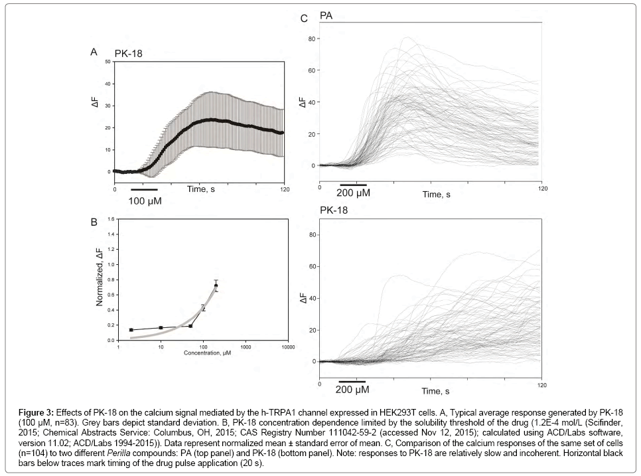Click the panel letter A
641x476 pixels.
pyautogui.click(x=94, y=51)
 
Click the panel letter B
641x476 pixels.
pyautogui.click(x=94, y=222)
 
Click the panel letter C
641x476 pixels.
pyautogui.click(x=304, y=19)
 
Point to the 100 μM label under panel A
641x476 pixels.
pyautogui.click(x=145, y=200)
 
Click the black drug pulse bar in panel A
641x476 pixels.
pyautogui.click(x=144, y=189)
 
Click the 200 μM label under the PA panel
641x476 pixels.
pyautogui.click(x=353, y=193)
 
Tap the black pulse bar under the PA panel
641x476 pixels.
pyautogui.click(x=353, y=183)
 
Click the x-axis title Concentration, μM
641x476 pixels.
pyautogui.click(x=208, y=353)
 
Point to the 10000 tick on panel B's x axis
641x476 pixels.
pyautogui.click(x=287, y=347)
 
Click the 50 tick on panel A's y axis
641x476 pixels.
pyautogui.click(x=109, y=62)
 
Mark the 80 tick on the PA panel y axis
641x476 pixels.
pyautogui.click(x=312, y=39)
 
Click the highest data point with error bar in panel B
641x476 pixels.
pyautogui.click(x=216, y=285)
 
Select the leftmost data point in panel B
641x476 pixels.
pyautogui.click(x=131, y=330)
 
